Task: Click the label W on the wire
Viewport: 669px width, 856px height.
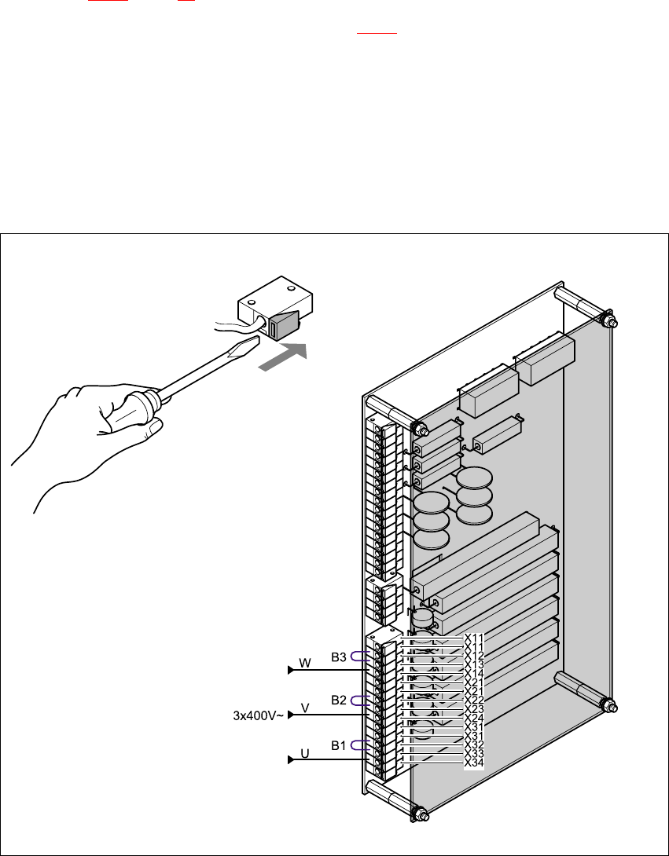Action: coord(306,664)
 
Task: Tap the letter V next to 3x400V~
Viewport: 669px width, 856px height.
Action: coord(305,708)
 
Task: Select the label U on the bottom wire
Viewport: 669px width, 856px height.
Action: coord(305,754)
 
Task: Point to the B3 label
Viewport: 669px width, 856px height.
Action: coord(339,657)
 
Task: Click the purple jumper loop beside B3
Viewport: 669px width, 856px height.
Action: coord(360,657)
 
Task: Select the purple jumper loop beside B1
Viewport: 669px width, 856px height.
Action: coord(360,744)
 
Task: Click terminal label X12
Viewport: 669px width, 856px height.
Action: coord(474,656)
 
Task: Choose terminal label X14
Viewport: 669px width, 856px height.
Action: coord(474,674)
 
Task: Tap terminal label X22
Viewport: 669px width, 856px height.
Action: coord(474,700)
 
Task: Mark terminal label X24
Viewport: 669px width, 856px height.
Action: coord(474,718)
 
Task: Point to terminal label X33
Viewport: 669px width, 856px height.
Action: coord(474,753)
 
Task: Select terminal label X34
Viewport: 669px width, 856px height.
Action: coord(474,763)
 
